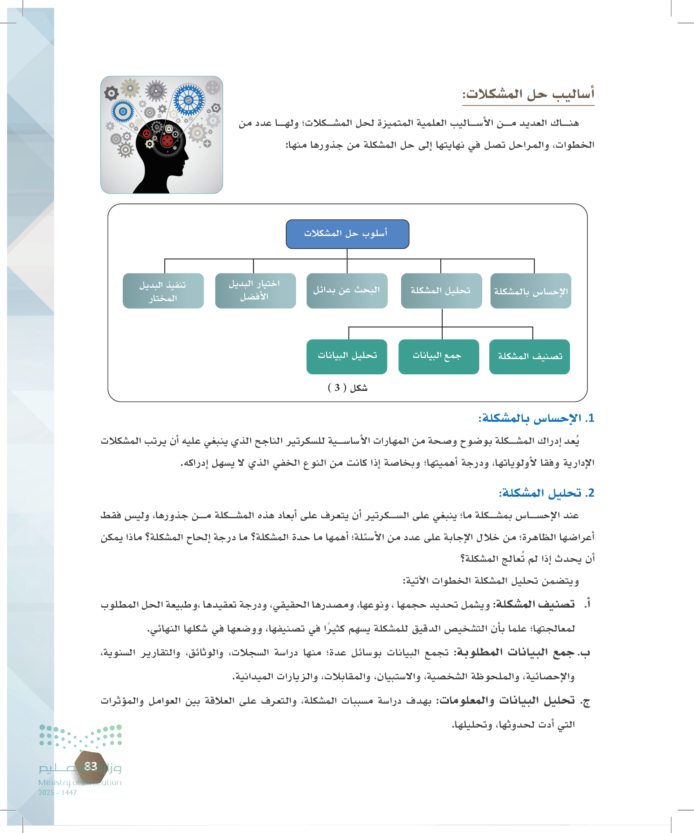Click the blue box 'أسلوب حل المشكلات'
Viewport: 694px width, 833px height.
tap(347, 234)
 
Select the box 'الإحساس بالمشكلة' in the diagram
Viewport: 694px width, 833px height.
tap(530, 291)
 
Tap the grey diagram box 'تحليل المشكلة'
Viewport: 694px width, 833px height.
tap(441, 291)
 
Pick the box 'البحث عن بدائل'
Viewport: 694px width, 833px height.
tap(347, 291)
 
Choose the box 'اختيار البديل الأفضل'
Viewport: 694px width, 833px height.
tap(255, 291)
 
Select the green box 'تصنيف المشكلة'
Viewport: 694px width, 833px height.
tap(529, 357)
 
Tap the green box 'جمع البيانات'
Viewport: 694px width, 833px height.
tap(438, 357)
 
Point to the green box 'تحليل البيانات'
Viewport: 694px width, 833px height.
tap(346, 357)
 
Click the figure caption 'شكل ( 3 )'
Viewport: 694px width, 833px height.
tap(347, 388)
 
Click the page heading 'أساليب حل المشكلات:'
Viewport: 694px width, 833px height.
tap(528, 94)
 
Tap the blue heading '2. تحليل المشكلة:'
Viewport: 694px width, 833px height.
tap(546, 493)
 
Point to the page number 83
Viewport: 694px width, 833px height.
tap(91, 766)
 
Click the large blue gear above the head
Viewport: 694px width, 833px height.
tap(189, 100)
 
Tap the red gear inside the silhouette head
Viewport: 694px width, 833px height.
tap(167, 140)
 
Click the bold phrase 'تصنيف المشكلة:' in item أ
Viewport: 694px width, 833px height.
tap(533, 604)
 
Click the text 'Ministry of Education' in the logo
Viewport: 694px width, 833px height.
tap(80, 782)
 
